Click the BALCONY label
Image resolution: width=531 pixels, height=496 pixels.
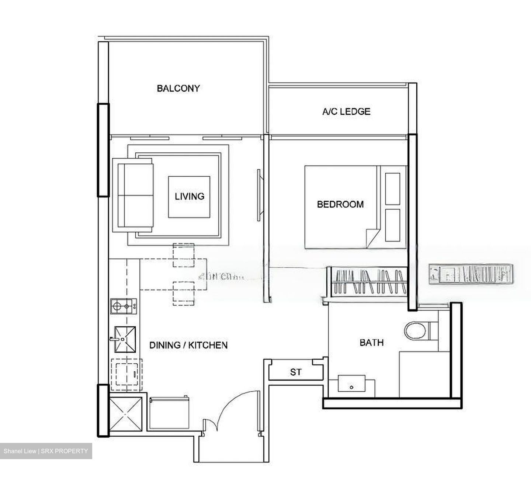click(178, 89)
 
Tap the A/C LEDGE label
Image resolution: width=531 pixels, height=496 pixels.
click(346, 111)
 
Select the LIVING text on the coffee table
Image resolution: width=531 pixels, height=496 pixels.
click(189, 196)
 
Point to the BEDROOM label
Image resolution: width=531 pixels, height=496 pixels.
click(340, 204)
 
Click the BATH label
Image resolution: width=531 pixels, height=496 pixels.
click(371, 343)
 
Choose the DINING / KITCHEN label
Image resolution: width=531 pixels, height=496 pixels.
click(188, 345)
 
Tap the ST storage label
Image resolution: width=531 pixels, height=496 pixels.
click(295, 372)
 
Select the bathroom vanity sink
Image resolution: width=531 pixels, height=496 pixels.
click(352, 385)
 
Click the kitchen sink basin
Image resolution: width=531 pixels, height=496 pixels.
click(125, 339)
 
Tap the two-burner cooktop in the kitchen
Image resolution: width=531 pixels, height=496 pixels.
click(124, 306)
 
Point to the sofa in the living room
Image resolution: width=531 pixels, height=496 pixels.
click(135, 196)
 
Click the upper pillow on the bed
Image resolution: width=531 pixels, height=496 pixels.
click(392, 188)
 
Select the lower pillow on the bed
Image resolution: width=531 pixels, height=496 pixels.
click(392, 225)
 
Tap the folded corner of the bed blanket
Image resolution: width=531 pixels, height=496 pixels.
click(372, 237)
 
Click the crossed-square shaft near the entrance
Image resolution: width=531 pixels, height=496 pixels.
click(126, 414)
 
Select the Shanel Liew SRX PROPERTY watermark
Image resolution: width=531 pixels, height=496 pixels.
click(46, 451)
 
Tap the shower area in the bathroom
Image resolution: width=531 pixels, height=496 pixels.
click(424, 374)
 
